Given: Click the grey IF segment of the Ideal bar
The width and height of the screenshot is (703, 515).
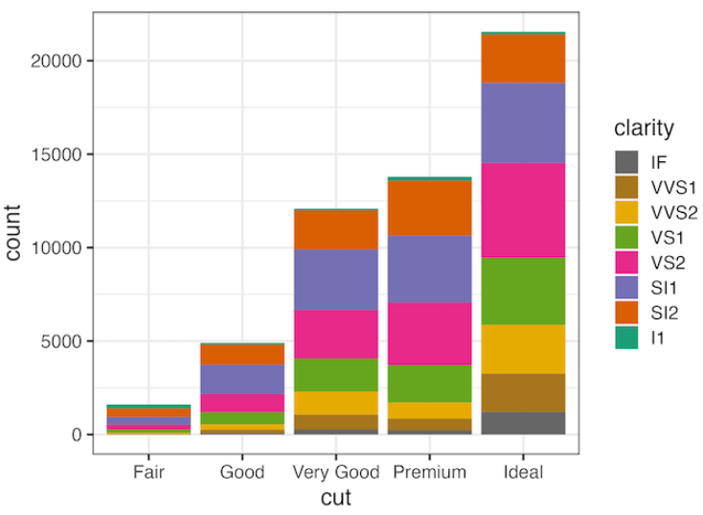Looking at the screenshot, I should pos(523,423).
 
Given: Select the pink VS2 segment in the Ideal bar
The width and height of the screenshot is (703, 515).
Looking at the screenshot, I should pos(523,210).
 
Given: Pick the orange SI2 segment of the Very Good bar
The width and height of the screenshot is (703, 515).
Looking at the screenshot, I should pos(335,229).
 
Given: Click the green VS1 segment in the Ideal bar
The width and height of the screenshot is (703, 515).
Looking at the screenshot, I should pos(523,291).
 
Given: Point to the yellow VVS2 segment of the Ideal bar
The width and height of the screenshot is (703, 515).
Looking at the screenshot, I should pos(523,349).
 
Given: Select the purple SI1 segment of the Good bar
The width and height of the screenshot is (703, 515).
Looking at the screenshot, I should pos(241,379).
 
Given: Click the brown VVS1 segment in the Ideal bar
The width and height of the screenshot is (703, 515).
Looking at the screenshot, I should pos(523,392).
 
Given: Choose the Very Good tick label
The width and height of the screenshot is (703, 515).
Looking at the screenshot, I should pos(335,472).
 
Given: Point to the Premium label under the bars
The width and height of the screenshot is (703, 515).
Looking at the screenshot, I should pos(429,472).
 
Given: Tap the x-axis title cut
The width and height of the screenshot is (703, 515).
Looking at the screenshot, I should pos(335,498).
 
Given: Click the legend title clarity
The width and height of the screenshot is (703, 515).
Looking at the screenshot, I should pos(644,128).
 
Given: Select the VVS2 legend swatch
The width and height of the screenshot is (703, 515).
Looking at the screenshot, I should pos(625,211).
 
